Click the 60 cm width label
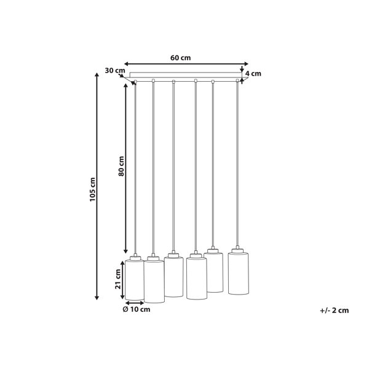tap(180, 58)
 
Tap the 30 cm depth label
tap(115, 70)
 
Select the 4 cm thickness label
tap(253, 74)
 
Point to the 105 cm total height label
tap(93, 189)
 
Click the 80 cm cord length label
tap(121, 166)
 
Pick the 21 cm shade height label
tap(118, 279)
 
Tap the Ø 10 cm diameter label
tap(137, 309)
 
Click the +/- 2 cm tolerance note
tap(335, 311)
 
